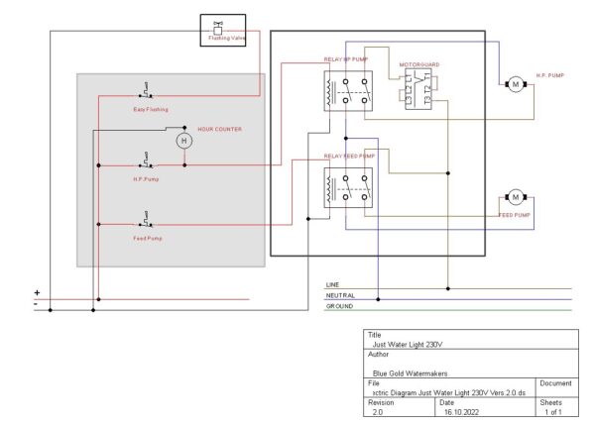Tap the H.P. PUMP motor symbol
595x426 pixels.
coord(515,85)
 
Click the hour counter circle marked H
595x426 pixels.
coord(182,142)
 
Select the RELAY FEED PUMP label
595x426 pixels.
coord(349,156)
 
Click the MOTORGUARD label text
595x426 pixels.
coord(418,64)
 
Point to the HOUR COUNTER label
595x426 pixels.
coord(219,129)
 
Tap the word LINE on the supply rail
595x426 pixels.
coord(333,284)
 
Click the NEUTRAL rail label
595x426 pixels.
coord(340,295)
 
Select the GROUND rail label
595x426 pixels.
coord(339,306)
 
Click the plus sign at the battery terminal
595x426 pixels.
coord(38,292)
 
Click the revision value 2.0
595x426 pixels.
coord(378,411)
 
